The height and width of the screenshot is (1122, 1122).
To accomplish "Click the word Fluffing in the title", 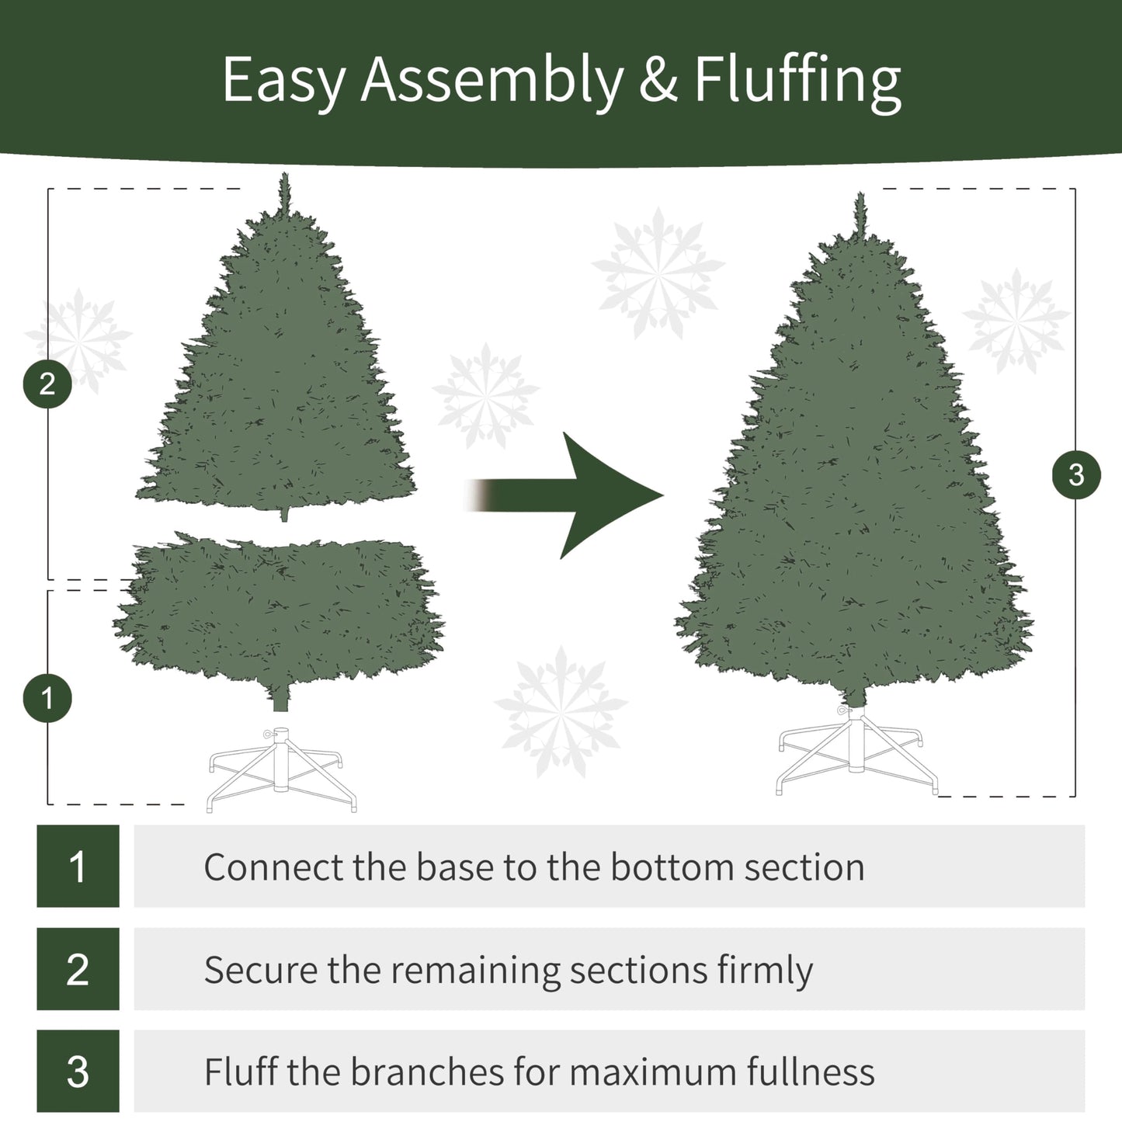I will [x=797, y=81].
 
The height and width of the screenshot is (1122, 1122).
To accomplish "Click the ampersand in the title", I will [x=658, y=81].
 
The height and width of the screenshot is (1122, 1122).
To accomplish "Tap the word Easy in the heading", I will [x=283, y=81].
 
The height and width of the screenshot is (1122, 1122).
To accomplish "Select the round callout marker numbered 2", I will [x=47, y=384].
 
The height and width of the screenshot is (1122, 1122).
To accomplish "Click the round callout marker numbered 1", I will [x=47, y=697].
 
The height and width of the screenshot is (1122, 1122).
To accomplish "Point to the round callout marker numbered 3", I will [x=1076, y=474].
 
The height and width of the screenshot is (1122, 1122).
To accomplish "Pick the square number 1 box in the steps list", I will [x=78, y=866].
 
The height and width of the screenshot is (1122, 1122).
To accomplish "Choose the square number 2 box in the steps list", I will [x=78, y=969].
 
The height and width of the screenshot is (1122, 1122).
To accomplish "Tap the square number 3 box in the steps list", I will [x=78, y=1072].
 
